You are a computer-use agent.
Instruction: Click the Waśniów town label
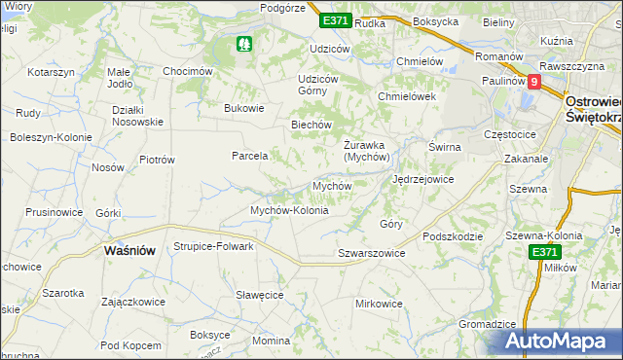point(129,250)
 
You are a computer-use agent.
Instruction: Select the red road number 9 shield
point(533,83)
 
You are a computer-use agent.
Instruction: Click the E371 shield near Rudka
point(334,20)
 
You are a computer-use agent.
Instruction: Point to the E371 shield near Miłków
point(545,252)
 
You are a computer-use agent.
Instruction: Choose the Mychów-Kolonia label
point(289,210)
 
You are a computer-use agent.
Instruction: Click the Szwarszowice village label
point(371,253)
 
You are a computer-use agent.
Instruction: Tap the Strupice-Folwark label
point(213,246)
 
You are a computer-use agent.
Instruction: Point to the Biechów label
point(312,125)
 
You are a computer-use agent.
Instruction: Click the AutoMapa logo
point(562,342)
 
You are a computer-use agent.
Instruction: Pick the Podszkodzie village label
point(454,236)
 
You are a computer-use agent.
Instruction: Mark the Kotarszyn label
point(52,73)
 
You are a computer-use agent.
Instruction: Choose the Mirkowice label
point(379,304)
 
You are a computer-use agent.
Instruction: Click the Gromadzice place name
point(486,323)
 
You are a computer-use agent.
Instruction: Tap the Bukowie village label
point(244,108)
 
